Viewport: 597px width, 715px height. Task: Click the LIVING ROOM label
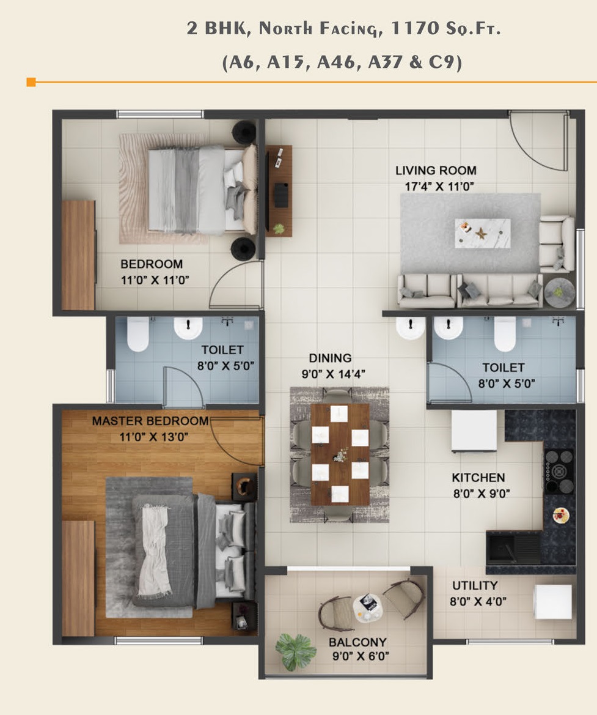pos(436,171)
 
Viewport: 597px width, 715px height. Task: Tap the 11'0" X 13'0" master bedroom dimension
pos(153,437)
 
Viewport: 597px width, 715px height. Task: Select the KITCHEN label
pos(478,478)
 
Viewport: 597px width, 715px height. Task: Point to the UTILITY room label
pos(474,585)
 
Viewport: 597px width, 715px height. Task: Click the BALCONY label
pos(357,642)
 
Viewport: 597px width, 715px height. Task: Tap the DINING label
pos(330,358)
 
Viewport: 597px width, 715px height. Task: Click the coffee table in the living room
pos(483,234)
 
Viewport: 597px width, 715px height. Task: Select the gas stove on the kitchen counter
pos(559,472)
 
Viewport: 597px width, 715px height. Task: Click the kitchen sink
pos(513,547)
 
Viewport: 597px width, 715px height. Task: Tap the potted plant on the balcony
pos(296,651)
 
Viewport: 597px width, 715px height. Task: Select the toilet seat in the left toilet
pos(137,334)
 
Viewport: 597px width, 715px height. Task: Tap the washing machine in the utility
pos(553,602)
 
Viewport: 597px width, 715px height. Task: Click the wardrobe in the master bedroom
pos(78,578)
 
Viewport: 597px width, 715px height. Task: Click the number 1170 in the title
pos(408,28)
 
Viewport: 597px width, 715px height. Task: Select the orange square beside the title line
pos(31,82)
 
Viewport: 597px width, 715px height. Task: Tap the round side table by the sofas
pos(559,292)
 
